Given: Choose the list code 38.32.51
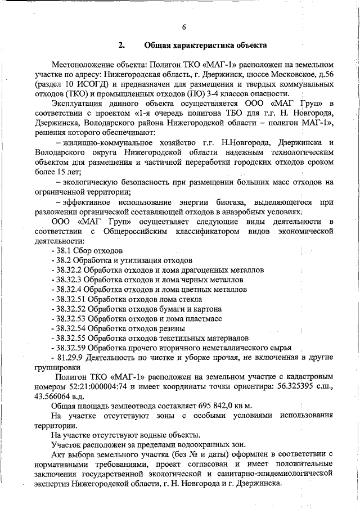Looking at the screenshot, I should point(71,299).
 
